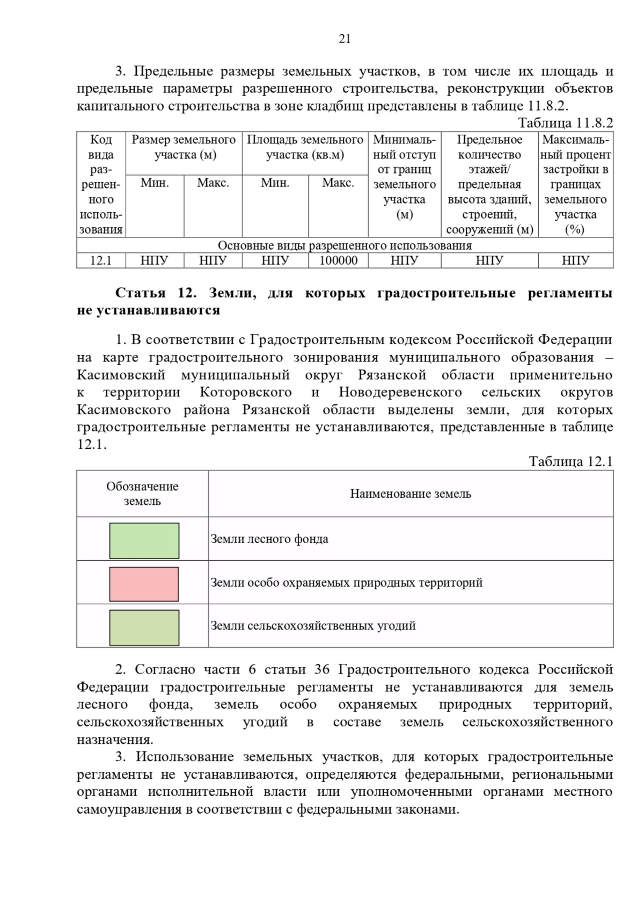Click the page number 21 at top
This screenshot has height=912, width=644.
[x=345, y=39]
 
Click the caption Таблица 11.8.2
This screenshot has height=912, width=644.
[x=565, y=123]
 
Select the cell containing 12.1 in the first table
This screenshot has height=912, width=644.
[x=101, y=260]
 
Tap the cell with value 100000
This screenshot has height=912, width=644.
[x=338, y=260]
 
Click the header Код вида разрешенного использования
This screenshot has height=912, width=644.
[x=101, y=184]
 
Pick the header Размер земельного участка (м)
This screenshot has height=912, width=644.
[x=184, y=147]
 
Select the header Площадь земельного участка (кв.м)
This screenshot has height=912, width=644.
[x=305, y=147]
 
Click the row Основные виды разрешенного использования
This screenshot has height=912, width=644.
[x=345, y=245]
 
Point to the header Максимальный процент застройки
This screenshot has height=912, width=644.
[x=575, y=184]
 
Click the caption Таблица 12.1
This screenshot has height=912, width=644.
[x=570, y=461]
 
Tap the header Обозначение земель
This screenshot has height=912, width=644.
[x=142, y=494]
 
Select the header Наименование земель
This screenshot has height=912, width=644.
[x=411, y=494]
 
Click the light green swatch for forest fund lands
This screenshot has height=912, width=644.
[x=144, y=541]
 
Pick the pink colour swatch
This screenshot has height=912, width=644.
[x=144, y=584]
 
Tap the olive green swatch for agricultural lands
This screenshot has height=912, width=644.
[x=144, y=628]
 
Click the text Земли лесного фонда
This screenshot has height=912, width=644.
[x=269, y=539]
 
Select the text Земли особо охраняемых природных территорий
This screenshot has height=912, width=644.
[x=346, y=583]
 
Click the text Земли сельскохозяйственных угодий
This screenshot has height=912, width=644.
[x=313, y=626]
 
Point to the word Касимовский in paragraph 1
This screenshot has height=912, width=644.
[x=121, y=375]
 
